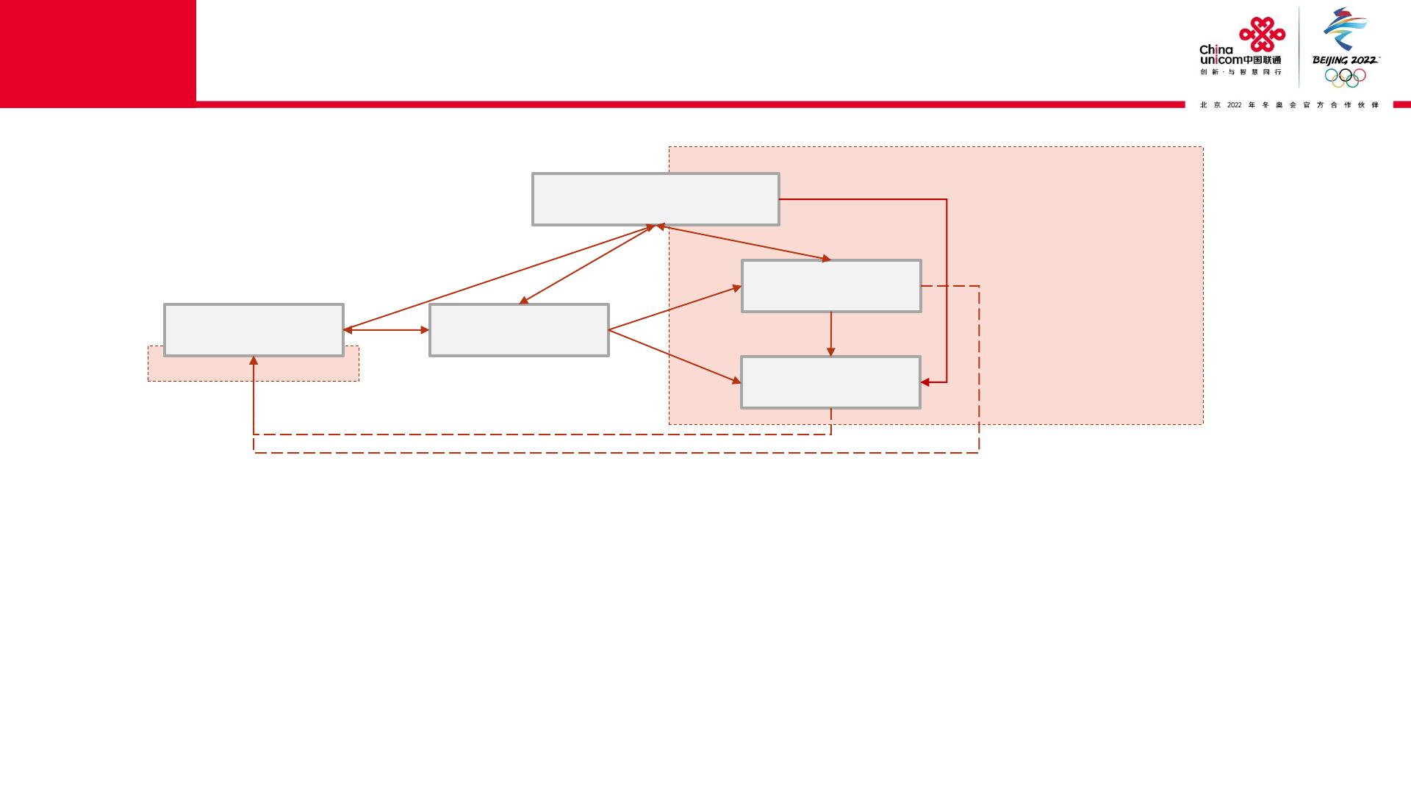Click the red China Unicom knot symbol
[x=1262, y=34]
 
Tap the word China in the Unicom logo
[x=1216, y=50]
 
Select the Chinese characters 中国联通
[x=1262, y=60]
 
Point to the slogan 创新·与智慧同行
[x=1241, y=72]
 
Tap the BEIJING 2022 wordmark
[x=1345, y=60]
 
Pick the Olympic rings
[x=1345, y=76]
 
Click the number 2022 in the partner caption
[x=1234, y=105]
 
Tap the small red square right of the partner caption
[x=1401, y=104]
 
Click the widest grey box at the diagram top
[x=655, y=199]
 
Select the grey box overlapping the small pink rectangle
[x=254, y=330]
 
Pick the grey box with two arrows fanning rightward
[x=519, y=330]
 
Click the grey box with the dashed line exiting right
[x=831, y=286]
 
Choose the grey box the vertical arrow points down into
[x=830, y=382]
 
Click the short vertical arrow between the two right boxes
[x=831, y=335]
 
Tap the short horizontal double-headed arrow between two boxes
[x=387, y=330]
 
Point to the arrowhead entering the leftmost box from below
[x=254, y=361]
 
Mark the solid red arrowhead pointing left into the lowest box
[x=925, y=382]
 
